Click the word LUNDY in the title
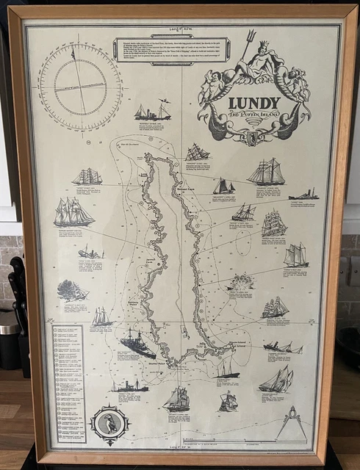[x=254, y=103]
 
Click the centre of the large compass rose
[x=80, y=86]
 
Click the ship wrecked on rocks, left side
[x=90, y=252]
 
